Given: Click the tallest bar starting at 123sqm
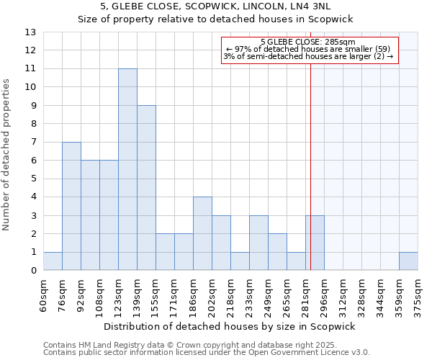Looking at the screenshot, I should [x=127, y=170].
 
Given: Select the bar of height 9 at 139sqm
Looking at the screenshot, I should [x=146, y=188].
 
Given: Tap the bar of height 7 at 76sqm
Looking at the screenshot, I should [x=71, y=207].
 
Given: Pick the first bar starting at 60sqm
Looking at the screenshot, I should [x=53, y=261].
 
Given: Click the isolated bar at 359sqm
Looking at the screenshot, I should [x=408, y=261].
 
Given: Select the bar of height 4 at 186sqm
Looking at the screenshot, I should [x=202, y=234].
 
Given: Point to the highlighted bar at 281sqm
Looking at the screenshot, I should [x=315, y=243].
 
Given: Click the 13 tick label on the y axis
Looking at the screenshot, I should [x=30, y=32].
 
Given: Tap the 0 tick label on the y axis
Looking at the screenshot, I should [x=33, y=271].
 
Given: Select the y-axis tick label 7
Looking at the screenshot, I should [x=33, y=143].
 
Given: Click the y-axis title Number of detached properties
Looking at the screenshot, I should [x=7, y=156].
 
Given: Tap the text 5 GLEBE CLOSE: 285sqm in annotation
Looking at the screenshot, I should [x=308, y=42].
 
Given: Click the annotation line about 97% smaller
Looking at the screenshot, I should [x=308, y=49].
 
